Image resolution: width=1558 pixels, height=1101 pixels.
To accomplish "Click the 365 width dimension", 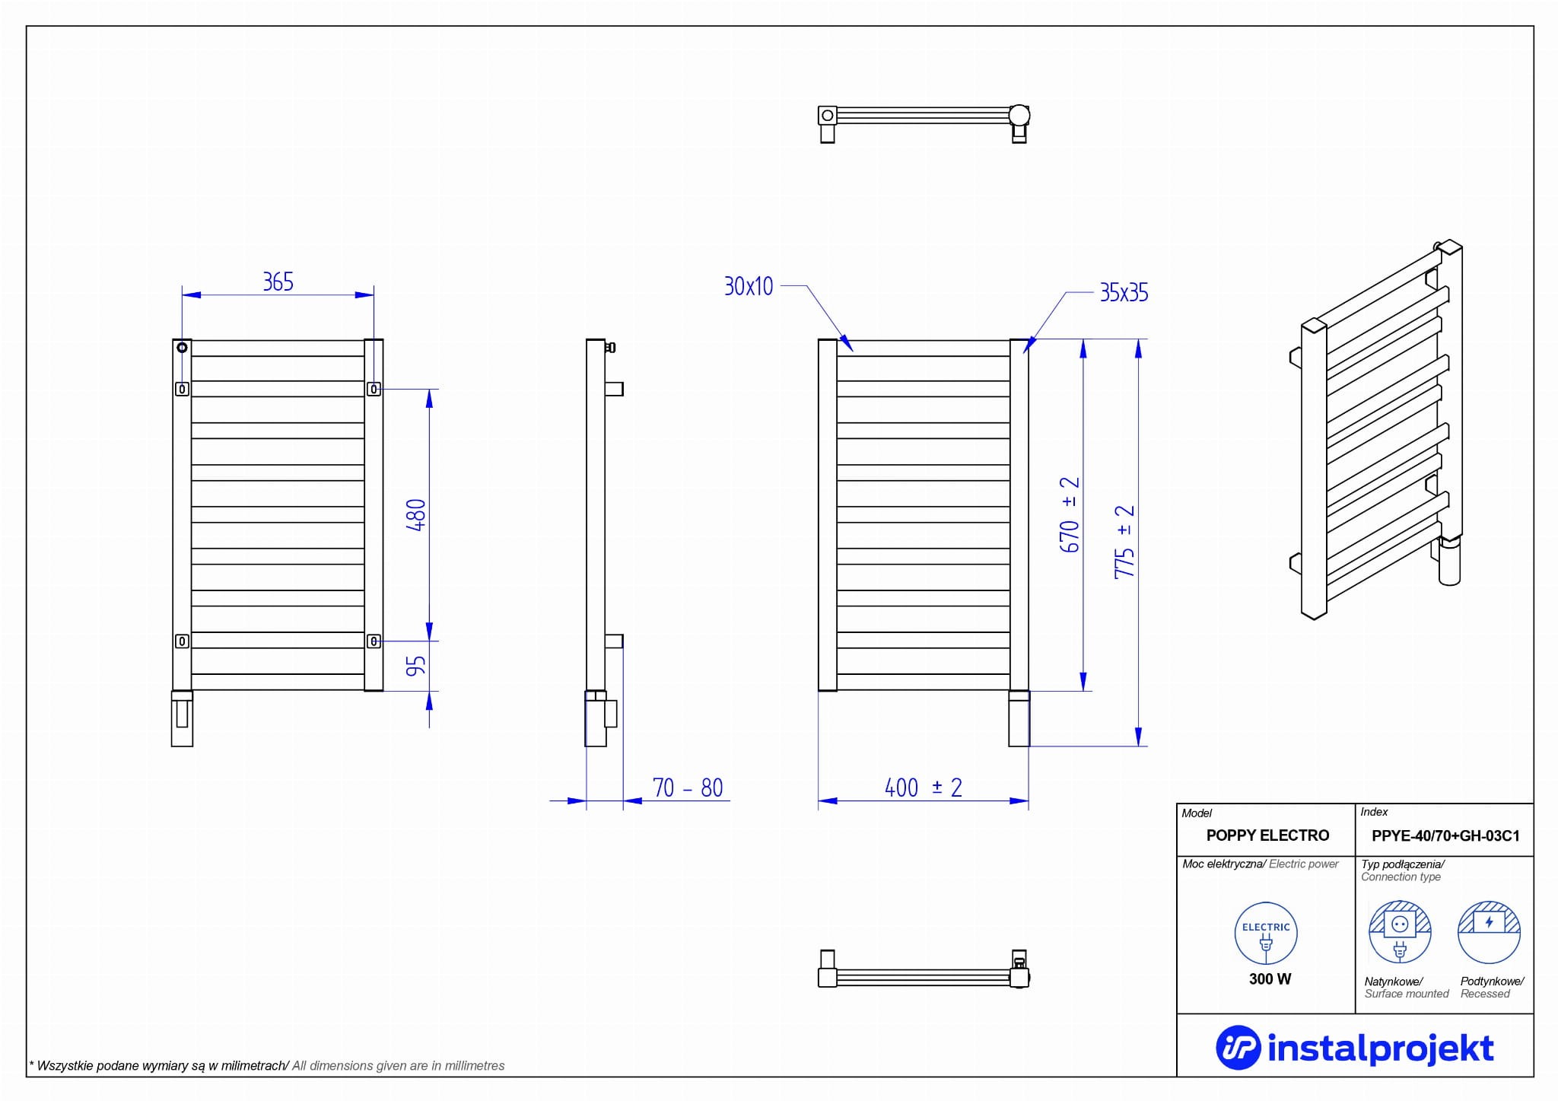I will click(x=278, y=282).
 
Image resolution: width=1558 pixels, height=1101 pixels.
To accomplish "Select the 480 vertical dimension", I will click(x=416, y=515).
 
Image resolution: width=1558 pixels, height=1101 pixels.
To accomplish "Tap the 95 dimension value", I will click(x=416, y=667).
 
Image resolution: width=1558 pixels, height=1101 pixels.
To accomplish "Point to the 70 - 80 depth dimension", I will click(x=687, y=788).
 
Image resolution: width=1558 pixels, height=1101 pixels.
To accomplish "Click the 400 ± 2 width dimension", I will click(x=923, y=788).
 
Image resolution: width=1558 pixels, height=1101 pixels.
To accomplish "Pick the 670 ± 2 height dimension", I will click(x=1070, y=515).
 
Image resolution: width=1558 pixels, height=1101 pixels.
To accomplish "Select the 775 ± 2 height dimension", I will click(x=1124, y=542).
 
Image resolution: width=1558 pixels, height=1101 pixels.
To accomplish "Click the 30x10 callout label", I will click(x=749, y=287).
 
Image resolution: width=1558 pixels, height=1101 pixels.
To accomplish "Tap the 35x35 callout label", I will click(x=1124, y=293).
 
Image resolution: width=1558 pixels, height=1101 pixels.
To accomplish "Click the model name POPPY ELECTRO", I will click(x=1267, y=835).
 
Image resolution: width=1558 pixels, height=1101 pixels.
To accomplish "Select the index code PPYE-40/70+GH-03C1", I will click(x=1445, y=836).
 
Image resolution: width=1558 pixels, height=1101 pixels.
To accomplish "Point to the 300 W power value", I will click(x=1270, y=979).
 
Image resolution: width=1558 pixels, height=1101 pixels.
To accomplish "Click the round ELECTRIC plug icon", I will click(x=1266, y=934).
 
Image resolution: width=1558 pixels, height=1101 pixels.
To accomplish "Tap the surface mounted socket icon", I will click(x=1400, y=932).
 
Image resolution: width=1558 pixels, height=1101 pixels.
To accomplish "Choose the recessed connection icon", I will click(x=1489, y=932).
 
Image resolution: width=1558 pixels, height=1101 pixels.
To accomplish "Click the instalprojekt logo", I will click(x=1355, y=1048).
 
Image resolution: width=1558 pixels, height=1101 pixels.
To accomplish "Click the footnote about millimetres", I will click(x=267, y=1066).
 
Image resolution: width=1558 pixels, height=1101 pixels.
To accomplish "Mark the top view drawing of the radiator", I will click(x=924, y=123).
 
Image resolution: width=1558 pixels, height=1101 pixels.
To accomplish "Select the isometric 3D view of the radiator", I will click(x=1378, y=430).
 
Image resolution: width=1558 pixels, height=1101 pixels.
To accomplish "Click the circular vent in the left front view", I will click(x=183, y=348).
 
